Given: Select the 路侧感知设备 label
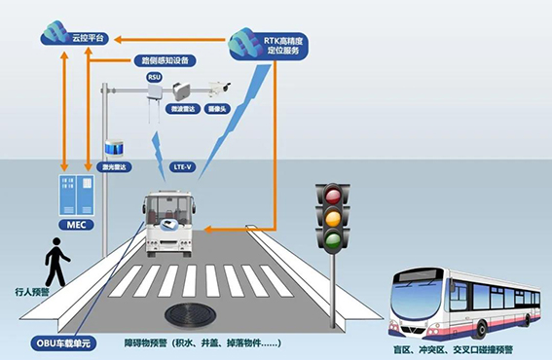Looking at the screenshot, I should click(x=163, y=58).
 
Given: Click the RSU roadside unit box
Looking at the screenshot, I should click(x=155, y=91).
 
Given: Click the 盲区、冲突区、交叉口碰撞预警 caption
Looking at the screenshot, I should click(x=460, y=348).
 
